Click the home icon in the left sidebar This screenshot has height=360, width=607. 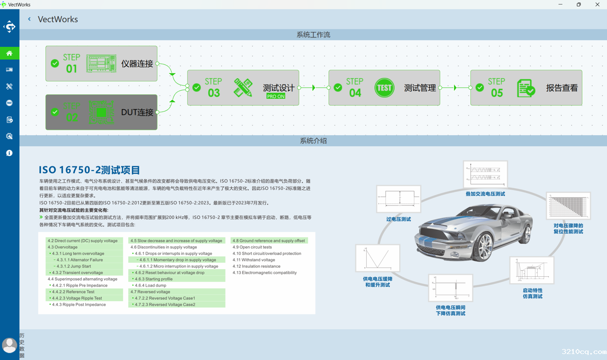[x=9, y=53]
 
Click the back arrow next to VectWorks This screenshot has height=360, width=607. [x=29, y=19]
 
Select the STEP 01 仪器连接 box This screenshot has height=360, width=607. [x=101, y=64]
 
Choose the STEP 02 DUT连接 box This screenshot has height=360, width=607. [x=101, y=112]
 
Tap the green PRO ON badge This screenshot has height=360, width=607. [x=276, y=96]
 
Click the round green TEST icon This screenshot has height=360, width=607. [x=384, y=88]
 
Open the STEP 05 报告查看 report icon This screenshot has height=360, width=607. [x=526, y=88]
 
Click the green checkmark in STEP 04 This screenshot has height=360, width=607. [x=338, y=88]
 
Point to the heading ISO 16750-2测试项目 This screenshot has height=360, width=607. [x=90, y=170]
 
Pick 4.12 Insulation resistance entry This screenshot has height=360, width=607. [x=256, y=266]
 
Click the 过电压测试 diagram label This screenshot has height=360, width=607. [x=398, y=219]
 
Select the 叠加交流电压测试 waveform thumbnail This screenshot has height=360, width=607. [x=485, y=174]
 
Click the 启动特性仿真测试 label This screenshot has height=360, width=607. [x=532, y=293]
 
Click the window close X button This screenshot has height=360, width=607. [x=597, y=4]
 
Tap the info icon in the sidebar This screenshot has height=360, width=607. [x=9, y=153]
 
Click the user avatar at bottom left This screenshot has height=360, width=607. [x=9, y=345]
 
